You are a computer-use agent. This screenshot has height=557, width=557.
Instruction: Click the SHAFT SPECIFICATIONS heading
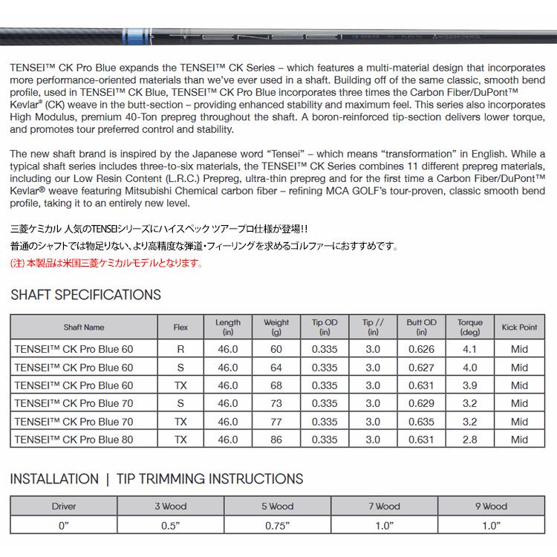click(85, 295)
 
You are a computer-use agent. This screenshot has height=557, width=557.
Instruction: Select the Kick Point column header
click(519, 328)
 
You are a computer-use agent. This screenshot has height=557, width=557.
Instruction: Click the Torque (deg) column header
click(469, 328)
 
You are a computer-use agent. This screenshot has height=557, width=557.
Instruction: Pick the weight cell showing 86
click(276, 439)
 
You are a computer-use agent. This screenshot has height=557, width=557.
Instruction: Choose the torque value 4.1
click(469, 350)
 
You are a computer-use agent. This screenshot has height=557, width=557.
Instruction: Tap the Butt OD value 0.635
click(421, 421)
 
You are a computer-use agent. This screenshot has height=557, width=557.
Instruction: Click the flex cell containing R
click(180, 350)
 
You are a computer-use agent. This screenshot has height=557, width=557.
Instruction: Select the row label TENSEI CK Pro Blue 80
click(74, 439)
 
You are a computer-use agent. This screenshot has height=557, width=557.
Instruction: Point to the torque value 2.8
click(469, 439)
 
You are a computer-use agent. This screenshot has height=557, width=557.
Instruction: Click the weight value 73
click(276, 403)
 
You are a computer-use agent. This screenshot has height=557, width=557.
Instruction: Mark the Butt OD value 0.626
click(421, 350)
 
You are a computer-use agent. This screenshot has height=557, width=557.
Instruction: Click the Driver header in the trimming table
click(64, 506)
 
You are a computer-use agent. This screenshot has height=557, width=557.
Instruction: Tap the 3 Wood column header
click(170, 506)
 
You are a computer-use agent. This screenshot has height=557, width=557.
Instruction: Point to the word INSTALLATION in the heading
click(54, 479)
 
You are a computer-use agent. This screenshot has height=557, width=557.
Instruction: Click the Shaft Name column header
click(84, 328)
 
